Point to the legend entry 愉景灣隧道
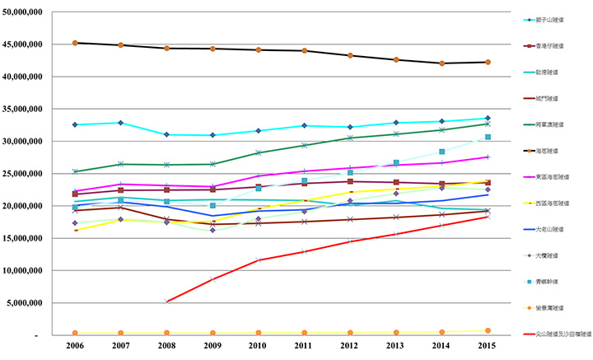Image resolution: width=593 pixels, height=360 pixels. coord(549,308)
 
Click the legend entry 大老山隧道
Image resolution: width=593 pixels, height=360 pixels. coord(549,229)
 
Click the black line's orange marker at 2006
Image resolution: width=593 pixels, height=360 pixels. coord(75,43)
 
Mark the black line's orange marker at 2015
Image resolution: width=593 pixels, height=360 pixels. coord(488,62)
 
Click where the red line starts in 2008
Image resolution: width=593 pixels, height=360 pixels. coord(167,302)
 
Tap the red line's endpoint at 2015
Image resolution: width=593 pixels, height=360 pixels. coord(488,217)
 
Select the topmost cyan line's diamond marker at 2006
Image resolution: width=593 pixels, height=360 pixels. coord(75,124)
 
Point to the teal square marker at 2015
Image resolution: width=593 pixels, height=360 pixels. coord(488,137)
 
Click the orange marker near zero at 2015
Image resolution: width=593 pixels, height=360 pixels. coord(488,330)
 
